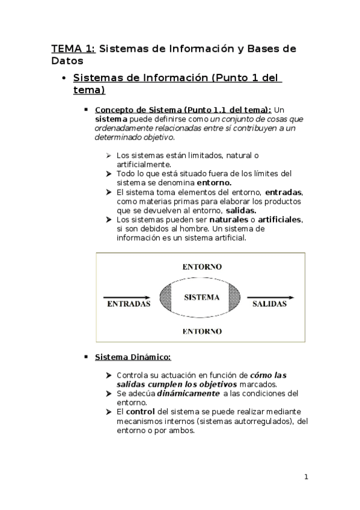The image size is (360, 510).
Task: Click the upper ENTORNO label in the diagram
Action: click(201, 266)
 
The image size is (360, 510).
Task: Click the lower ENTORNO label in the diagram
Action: click(201, 331)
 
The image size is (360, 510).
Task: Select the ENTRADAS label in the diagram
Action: click(128, 304)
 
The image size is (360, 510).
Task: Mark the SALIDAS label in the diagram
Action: click(269, 304)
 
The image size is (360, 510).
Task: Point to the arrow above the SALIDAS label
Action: click(272, 297)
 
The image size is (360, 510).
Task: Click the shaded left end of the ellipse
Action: click(166, 297)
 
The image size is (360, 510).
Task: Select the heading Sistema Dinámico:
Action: click(133, 357)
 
